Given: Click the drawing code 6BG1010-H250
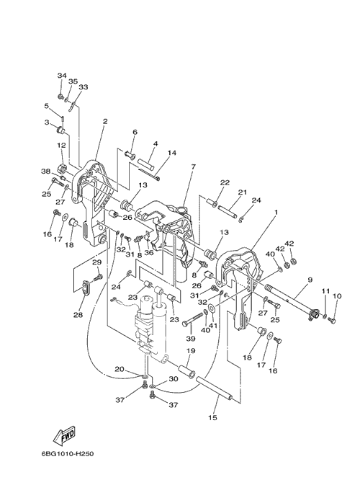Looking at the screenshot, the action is click(68, 454).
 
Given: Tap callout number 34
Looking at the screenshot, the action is click(62, 76).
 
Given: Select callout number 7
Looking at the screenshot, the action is click(194, 166).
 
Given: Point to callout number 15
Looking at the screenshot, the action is click(213, 418).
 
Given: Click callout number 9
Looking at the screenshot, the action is click(310, 280).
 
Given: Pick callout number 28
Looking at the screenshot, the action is click(78, 315).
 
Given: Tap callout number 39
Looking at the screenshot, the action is click(191, 339).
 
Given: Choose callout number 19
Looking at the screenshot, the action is click(191, 351).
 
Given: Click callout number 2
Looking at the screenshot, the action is click(105, 121).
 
